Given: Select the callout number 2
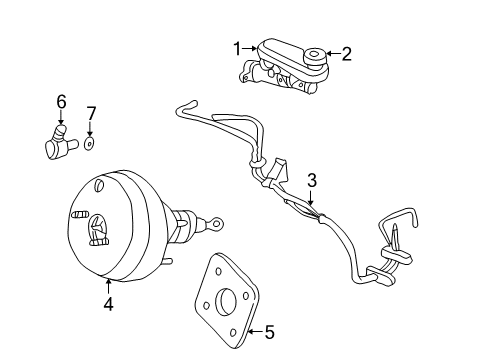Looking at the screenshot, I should click(346, 54).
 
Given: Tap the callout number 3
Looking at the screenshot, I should click(312, 180).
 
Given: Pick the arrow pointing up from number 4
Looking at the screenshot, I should click(109, 284).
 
